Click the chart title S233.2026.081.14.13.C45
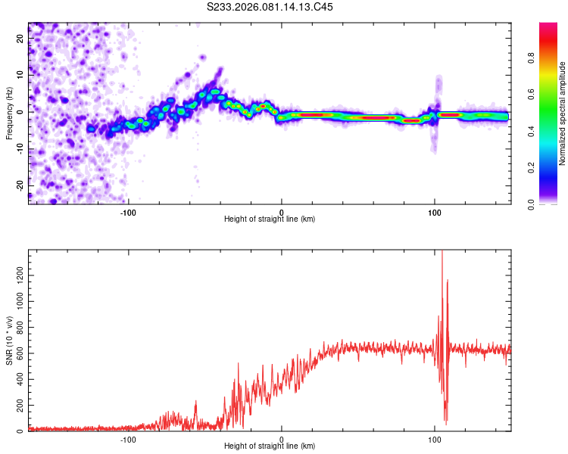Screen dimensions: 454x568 tap(270, 7)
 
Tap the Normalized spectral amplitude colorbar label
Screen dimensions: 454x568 tap(563, 113)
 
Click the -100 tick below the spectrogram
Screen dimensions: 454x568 tap(128, 211)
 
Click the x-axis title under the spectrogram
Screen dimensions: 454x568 tap(270, 219)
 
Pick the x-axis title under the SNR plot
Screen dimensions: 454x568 tap(270, 446)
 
